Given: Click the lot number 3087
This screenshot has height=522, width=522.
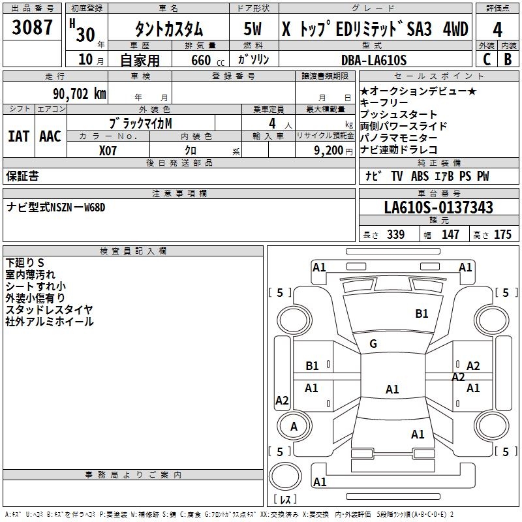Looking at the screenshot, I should [33, 29].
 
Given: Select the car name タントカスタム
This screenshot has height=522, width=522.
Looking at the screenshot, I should [168, 29].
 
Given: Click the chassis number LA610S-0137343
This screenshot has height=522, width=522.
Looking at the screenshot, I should [438, 207].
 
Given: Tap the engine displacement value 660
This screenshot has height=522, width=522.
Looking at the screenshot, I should [201, 61].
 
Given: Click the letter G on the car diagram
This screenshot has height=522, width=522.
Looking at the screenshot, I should [373, 344].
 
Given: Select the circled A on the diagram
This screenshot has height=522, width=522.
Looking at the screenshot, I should [294, 427].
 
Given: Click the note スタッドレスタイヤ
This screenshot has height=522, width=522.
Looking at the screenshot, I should [49, 310].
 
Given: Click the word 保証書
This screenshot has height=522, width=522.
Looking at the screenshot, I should [22, 176].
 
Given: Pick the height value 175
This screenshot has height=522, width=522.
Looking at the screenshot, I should [502, 235].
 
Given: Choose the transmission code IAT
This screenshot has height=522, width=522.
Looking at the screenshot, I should [18, 136].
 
